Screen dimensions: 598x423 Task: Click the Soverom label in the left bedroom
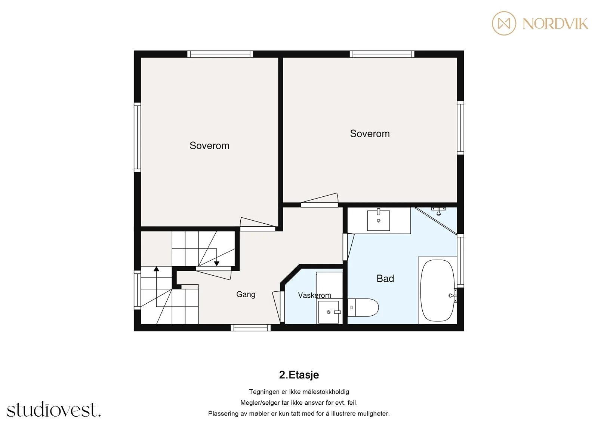coord(209,145)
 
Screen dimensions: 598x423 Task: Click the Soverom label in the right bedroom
coord(370,134)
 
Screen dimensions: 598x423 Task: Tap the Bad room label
coord(385,278)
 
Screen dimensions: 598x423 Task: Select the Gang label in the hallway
coord(246,294)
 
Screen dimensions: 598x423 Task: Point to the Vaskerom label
coord(314,295)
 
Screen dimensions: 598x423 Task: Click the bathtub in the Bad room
coord(437,291)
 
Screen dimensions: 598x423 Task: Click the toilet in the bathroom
coord(363,307)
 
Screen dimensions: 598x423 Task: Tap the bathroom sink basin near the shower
coord(378,220)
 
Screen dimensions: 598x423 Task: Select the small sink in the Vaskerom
coord(329,312)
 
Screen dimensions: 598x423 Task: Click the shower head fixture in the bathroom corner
coord(438,211)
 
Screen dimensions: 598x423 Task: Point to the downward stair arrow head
coord(216,264)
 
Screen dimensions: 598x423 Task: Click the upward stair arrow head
coord(157,269)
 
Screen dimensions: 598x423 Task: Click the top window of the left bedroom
coord(220,54)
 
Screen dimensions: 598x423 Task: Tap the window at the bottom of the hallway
coord(250,328)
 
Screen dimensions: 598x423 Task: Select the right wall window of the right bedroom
coord(460,128)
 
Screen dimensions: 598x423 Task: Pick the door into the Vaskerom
coord(278,306)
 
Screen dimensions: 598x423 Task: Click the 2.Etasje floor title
coord(299,375)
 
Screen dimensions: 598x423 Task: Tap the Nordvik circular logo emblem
coord(504,23)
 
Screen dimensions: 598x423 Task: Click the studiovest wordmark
coord(54,409)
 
